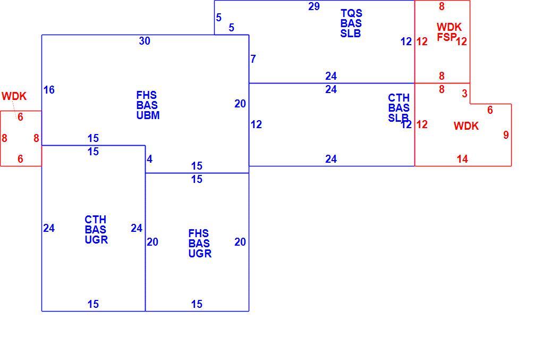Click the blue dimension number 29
click(x=314, y=6)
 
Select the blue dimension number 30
click(x=145, y=41)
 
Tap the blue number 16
click(x=49, y=90)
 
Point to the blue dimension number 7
click(x=253, y=59)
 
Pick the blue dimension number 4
click(x=149, y=159)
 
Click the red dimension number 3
click(x=464, y=94)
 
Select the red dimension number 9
click(x=506, y=135)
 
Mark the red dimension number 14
click(x=462, y=159)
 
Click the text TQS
click(x=351, y=13)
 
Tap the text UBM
click(x=148, y=115)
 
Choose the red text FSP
click(x=446, y=37)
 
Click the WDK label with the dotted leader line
click(x=14, y=96)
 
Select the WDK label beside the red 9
click(x=466, y=126)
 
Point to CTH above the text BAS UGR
click(x=96, y=220)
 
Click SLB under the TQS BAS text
click(x=351, y=34)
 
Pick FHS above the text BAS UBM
click(x=147, y=95)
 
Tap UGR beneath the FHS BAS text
click(x=200, y=254)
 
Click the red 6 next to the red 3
click(x=490, y=110)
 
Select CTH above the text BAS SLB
click(x=399, y=98)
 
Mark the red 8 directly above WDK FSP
click(x=442, y=6)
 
